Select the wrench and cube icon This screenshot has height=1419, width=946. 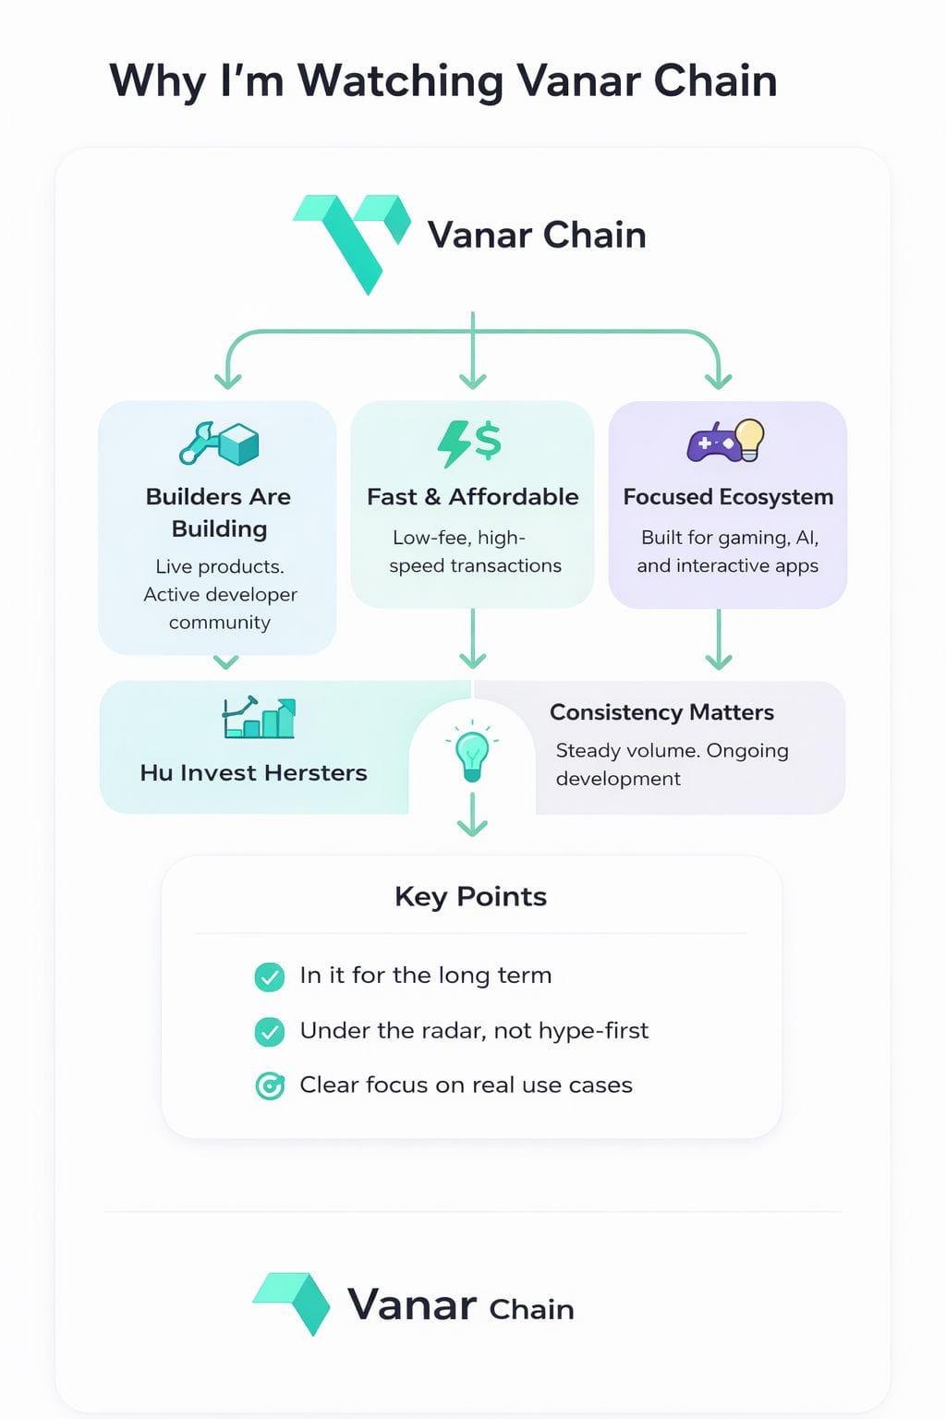tap(219, 443)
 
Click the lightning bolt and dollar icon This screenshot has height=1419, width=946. tap(469, 443)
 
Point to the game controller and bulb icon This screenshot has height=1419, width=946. tap(726, 441)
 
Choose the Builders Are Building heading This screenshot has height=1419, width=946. tap(219, 512)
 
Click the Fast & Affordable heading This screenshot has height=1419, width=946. tap(472, 497)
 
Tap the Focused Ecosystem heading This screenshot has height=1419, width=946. tap(728, 497)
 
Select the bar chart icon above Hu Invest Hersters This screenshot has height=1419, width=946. tap(259, 718)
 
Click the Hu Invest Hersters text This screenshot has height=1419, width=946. tap(253, 772)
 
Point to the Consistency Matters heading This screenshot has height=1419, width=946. tap(661, 712)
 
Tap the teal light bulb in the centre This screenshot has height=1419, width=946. tap(472, 755)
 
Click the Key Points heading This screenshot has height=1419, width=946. tap(470, 896)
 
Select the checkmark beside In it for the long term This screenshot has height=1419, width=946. tap(270, 976)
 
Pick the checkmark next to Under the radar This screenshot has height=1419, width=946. tap(270, 1031)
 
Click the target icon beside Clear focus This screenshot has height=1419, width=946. tap(270, 1085)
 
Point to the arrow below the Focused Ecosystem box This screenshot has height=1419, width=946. tap(719, 640)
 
